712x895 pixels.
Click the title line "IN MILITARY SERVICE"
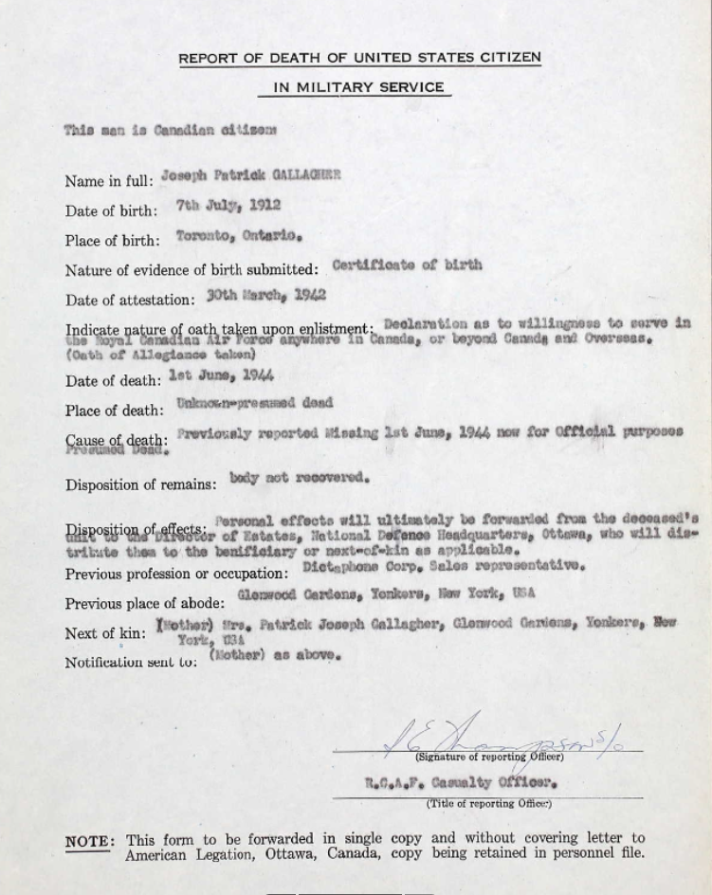(x=359, y=87)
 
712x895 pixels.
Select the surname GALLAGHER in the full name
(x=306, y=175)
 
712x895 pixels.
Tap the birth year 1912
(x=265, y=205)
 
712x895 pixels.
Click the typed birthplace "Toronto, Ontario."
(x=239, y=236)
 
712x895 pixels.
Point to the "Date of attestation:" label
(x=131, y=301)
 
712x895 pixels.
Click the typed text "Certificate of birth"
(x=407, y=265)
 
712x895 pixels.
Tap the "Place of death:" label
(x=114, y=411)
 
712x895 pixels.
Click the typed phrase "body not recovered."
(x=300, y=478)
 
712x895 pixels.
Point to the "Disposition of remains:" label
(x=141, y=484)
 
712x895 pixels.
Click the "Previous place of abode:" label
(x=145, y=603)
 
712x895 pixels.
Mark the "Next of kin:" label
(x=105, y=633)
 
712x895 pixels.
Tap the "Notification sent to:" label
(x=131, y=662)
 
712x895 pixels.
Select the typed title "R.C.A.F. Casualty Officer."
(x=461, y=783)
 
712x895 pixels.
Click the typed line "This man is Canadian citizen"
(x=171, y=130)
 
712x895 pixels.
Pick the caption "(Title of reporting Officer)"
(x=488, y=804)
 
